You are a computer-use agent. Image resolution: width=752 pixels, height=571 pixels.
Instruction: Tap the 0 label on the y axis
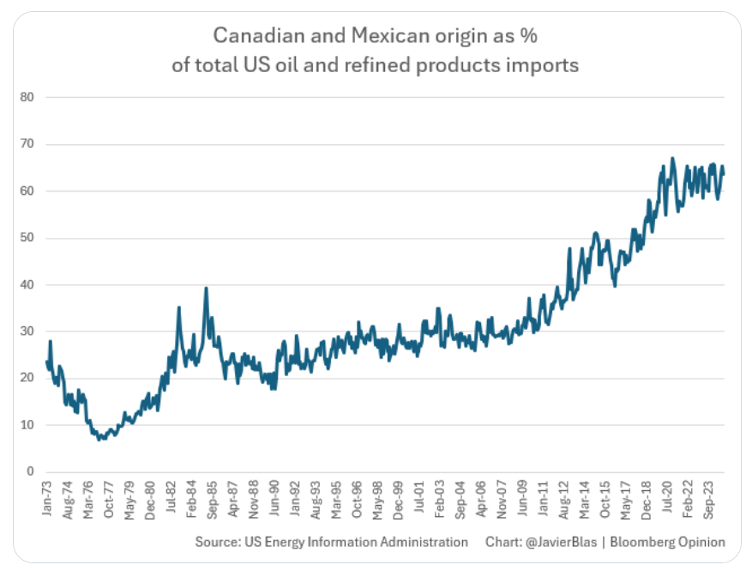(x=29, y=471)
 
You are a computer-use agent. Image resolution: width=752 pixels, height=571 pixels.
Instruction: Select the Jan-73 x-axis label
(x=48, y=499)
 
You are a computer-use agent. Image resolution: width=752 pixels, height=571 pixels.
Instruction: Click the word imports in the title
(x=543, y=65)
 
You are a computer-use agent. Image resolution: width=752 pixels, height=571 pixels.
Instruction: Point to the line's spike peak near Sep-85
(x=206, y=288)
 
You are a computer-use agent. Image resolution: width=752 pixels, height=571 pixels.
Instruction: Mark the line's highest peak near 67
(x=672, y=158)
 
